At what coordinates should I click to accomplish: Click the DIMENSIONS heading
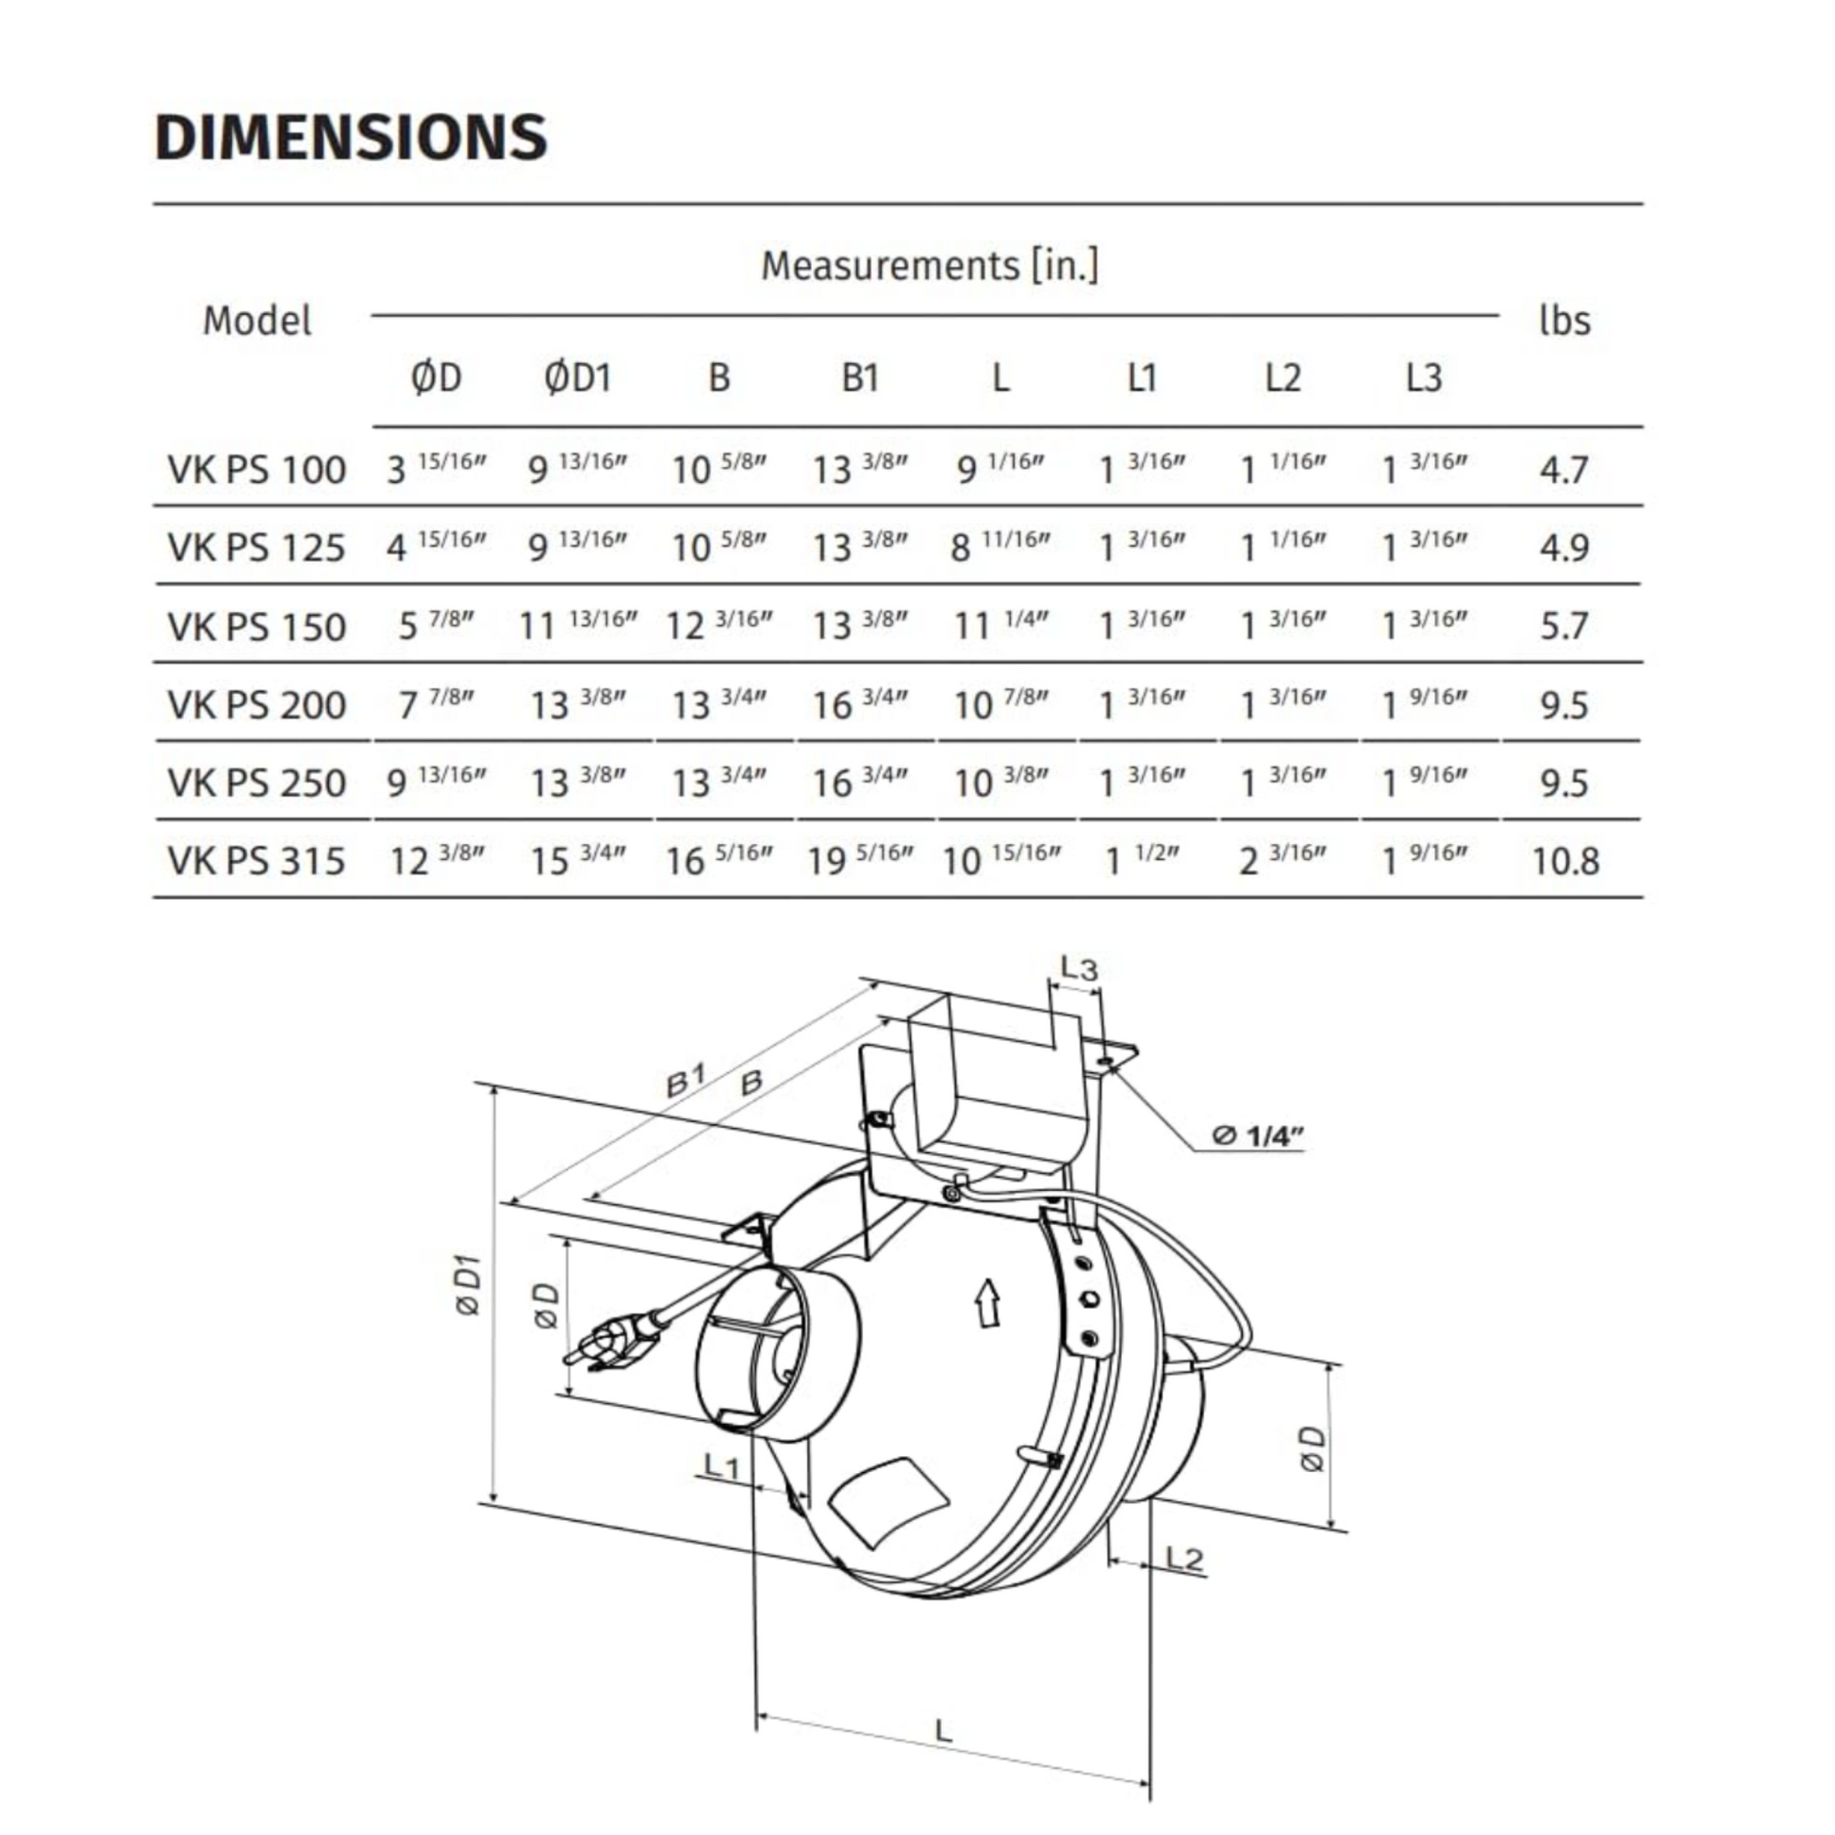[x=351, y=138]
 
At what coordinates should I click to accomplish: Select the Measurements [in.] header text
[x=930, y=265]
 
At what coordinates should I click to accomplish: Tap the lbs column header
[x=1564, y=321]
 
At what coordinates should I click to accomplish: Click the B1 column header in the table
[x=860, y=378]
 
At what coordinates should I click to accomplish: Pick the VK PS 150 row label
[x=256, y=627]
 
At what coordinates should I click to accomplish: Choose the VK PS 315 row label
[x=256, y=862]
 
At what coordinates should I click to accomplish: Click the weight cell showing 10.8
[x=1565, y=862]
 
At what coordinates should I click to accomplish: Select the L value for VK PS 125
[x=1000, y=547]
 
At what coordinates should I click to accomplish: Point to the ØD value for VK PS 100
[x=436, y=469]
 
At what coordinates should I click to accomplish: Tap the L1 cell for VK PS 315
[x=1142, y=861]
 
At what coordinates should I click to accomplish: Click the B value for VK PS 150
[x=719, y=626]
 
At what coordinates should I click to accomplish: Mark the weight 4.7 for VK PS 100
[x=1563, y=470]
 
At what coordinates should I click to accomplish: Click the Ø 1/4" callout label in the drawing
[x=1258, y=1135]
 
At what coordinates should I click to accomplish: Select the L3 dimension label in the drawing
[x=1078, y=968]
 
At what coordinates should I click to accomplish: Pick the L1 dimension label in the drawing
[x=722, y=1465]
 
